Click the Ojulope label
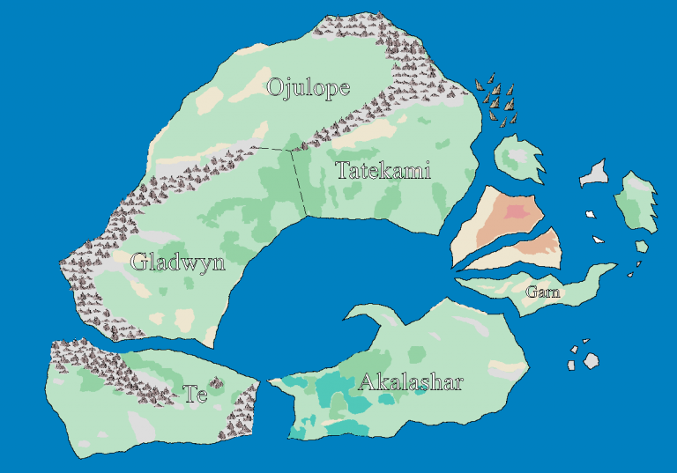click(x=308, y=87)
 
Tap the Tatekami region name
click(x=383, y=171)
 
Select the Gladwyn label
click(x=177, y=262)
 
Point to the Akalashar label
click(x=410, y=382)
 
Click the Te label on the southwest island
click(x=195, y=394)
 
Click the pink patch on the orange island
click(x=517, y=211)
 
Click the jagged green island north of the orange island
click(x=516, y=158)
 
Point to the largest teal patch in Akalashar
click(x=335, y=388)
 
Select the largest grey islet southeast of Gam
click(x=591, y=360)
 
